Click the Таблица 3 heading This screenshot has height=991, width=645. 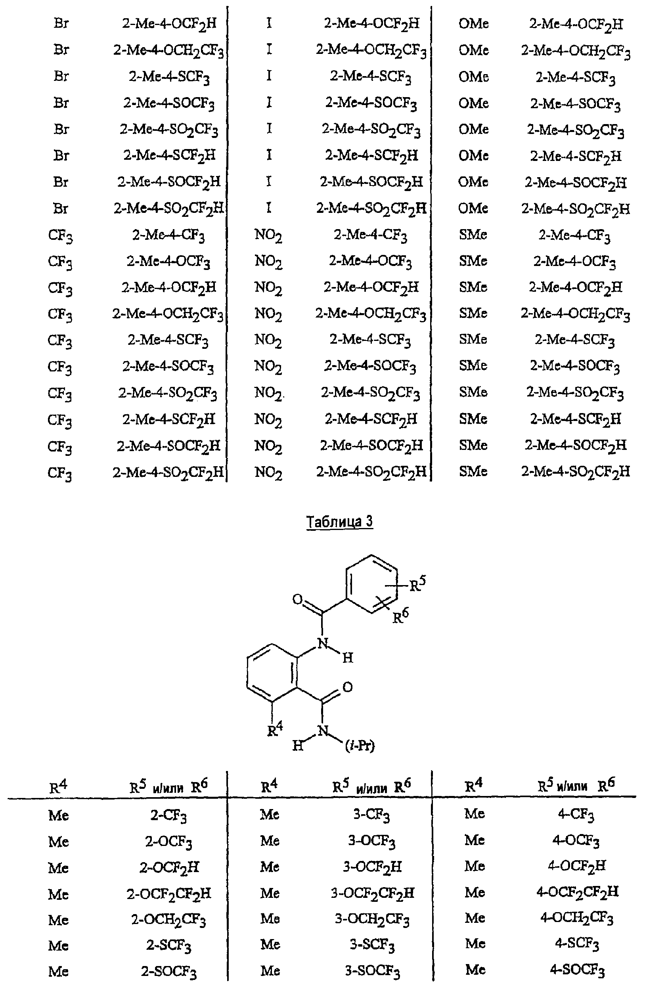[339, 521]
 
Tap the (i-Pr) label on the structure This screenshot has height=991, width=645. [360, 745]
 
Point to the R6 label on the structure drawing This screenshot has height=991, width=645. [400, 616]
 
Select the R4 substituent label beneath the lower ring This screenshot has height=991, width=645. [275, 729]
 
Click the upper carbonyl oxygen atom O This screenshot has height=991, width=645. [297, 600]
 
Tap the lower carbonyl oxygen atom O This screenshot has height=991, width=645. [347, 687]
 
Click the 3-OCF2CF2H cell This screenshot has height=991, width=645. [372, 893]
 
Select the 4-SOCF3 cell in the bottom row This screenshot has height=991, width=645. [577, 971]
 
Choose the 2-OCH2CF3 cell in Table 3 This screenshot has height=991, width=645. [168, 920]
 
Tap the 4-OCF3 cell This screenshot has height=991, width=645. [576, 841]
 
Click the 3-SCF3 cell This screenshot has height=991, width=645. [372, 946]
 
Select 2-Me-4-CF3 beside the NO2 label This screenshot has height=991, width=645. [370, 235]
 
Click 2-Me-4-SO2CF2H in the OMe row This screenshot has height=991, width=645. [576, 209]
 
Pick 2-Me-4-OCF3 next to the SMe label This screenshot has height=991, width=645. [574, 262]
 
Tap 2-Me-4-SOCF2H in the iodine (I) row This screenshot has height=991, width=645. [371, 182]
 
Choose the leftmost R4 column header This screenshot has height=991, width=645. [58, 786]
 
